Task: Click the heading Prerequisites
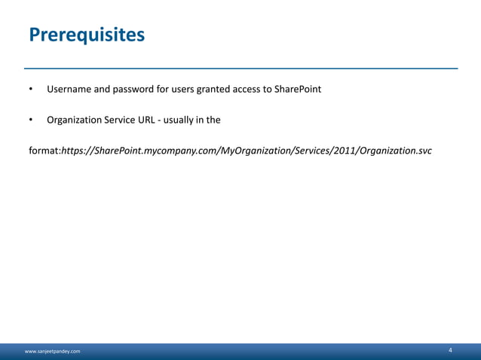86,35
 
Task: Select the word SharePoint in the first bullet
295,90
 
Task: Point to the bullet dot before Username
32,90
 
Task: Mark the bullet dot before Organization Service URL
32,120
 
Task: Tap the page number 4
450,350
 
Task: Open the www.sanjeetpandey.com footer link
55,352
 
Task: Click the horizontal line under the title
240,68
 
